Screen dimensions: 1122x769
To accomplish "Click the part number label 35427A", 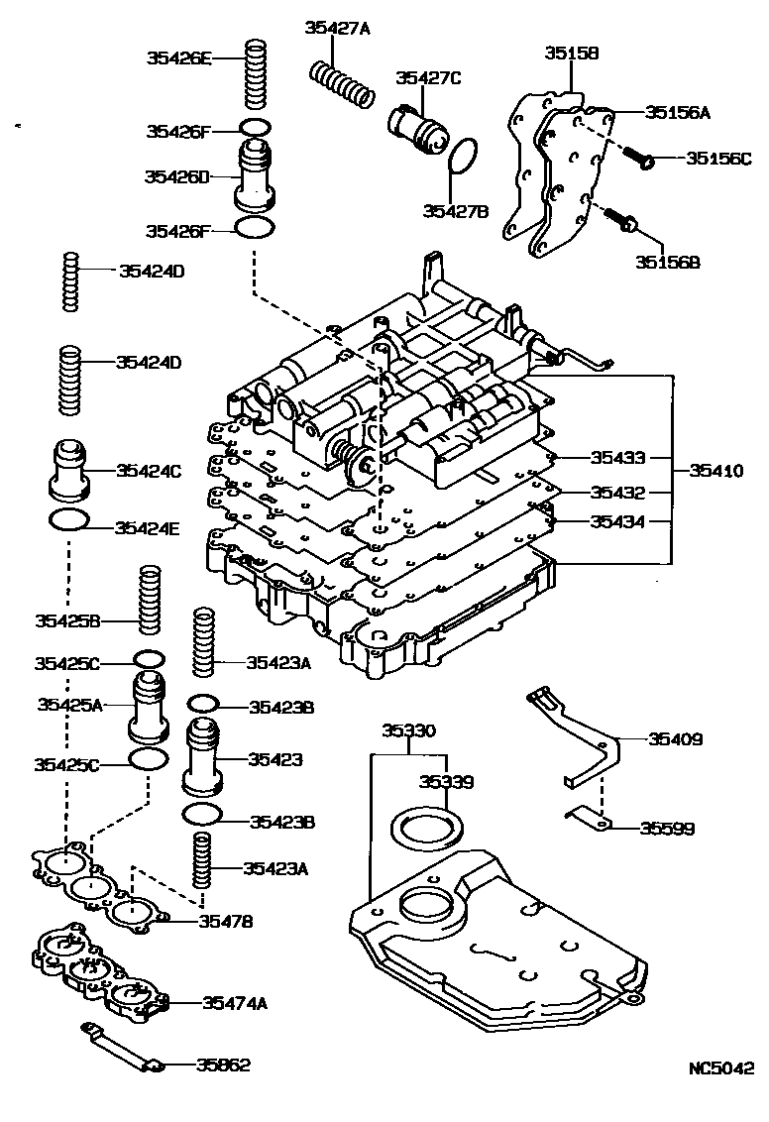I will coord(336,27).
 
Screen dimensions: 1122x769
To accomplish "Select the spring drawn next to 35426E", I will coord(257,76).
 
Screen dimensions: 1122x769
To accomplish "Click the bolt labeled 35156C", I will coord(638,158).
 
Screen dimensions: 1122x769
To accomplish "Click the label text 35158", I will coord(572,53).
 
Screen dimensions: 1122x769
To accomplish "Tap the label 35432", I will coord(617,493).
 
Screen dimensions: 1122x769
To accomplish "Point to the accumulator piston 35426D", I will coord(256,173).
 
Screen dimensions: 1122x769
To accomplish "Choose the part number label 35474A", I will coord(235,1003).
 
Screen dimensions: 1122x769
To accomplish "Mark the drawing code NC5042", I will coord(722,1068).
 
